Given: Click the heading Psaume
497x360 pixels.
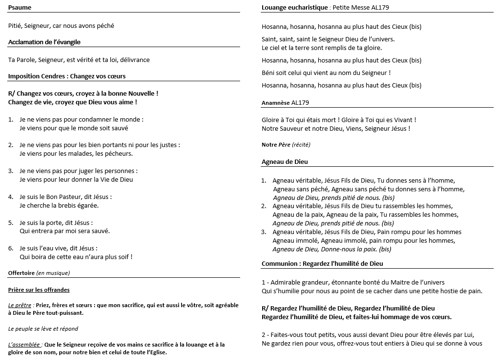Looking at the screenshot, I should point(20,8).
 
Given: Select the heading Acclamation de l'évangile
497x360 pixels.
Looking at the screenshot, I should point(44,42).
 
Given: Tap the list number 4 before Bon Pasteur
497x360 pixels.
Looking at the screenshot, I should point(11,197).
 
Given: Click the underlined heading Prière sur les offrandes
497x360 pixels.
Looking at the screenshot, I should point(39,290).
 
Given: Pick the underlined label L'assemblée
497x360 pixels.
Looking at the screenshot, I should point(24,345).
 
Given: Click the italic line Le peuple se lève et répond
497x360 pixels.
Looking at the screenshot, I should point(43,329).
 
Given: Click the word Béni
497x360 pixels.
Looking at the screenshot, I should point(269,73).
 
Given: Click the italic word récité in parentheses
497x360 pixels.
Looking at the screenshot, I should point(301,145).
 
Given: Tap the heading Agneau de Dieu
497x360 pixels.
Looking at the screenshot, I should point(285,162).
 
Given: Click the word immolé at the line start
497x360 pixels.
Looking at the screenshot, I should point(307,241).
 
